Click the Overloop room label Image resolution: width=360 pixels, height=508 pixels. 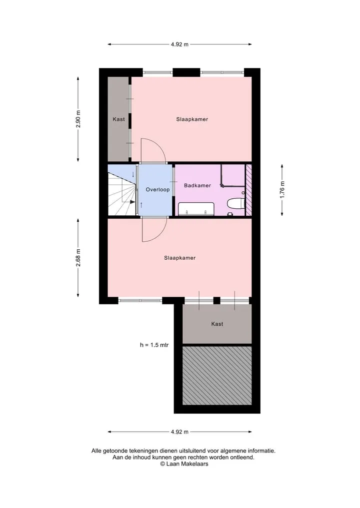click(157, 189)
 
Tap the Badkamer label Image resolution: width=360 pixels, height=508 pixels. click(197, 185)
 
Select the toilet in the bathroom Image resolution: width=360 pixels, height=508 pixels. click(236, 203)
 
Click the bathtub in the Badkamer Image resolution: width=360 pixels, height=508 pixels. click(196, 209)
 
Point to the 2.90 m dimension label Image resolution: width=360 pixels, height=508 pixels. click(78, 119)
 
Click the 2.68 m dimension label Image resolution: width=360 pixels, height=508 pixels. click(78, 258)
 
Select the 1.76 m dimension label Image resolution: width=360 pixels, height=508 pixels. click(282, 190)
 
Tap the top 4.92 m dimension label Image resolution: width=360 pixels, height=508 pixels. click(179, 44)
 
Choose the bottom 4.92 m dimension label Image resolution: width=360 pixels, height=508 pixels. click(179, 432)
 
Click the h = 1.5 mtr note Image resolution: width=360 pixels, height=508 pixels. click(154, 345)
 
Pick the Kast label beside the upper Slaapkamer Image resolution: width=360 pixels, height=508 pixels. click(118, 119)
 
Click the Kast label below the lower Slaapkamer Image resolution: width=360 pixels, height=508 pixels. click(217, 324)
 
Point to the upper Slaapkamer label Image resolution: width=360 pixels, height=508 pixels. click(192, 119)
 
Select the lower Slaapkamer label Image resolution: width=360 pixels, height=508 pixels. click(179, 258)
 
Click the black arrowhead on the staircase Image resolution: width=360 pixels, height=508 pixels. click(132, 202)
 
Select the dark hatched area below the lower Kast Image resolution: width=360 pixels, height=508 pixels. click(217, 376)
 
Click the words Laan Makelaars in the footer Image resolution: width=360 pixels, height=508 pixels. click(187, 464)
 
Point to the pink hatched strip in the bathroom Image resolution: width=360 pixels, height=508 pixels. click(249, 190)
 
